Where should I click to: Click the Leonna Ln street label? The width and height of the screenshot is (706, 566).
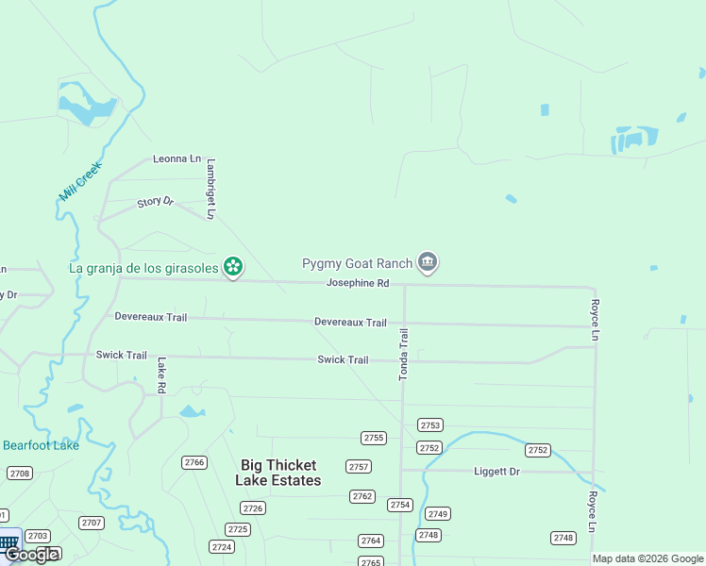pyautogui.click(x=177, y=159)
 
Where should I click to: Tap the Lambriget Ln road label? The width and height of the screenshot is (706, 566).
pyautogui.click(x=211, y=189)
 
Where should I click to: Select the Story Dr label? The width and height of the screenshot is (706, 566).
pyautogui.click(x=156, y=202)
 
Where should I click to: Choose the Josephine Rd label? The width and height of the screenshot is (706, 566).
pyautogui.click(x=358, y=283)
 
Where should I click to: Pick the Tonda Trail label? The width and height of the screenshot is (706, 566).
pyautogui.click(x=404, y=354)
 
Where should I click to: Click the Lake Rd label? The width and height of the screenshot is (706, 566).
pyautogui.click(x=162, y=375)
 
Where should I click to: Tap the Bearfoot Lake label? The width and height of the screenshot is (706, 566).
pyautogui.click(x=41, y=445)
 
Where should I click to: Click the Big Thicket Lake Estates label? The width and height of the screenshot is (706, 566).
pyautogui.click(x=278, y=473)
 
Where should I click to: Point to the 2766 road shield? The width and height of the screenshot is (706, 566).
pyautogui.click(x=194, y=462)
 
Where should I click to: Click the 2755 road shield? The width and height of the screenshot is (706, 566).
pyautogui.click(x=374, y=438)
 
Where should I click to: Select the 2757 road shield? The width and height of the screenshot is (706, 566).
pyautogui.click(x=359, y=467)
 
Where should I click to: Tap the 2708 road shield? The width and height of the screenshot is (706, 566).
pyautogui.click(x=19, y=473)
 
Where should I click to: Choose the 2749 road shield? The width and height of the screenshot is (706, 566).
pyautogui.click(x=437, y=514)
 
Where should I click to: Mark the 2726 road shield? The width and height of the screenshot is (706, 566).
pyautogui.click(x=252, y=508)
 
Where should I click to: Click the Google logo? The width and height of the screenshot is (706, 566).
pyautogui.click(x=32, y=554)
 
